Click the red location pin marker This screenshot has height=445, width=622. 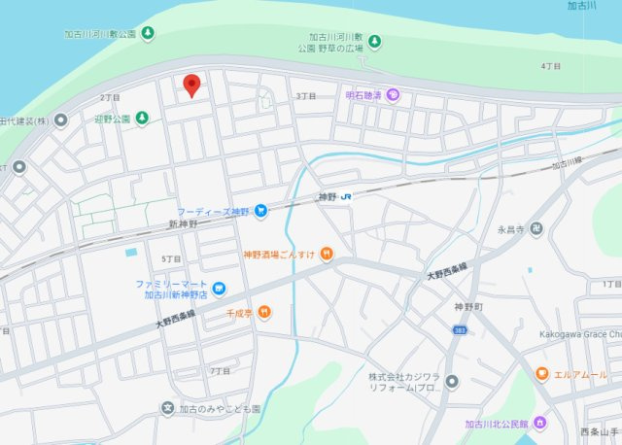[x=191, y=85]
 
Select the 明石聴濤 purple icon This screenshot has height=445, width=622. [x=393, y=95]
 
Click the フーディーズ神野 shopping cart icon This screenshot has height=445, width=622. [x=260, y=211]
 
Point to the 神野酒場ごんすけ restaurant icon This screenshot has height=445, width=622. [x=327, y=255]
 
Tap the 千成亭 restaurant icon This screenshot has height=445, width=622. [x=265, y=313]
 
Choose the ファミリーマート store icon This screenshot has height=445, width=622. [x=220, y=289]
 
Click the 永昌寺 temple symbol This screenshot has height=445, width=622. [x=536, y=230]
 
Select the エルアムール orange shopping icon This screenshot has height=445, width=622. [x=541, y=374]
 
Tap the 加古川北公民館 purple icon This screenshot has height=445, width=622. [x=541, y=423]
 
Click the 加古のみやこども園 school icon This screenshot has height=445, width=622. [x=168, y=408]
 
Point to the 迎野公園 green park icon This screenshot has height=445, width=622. [x=142, y=119]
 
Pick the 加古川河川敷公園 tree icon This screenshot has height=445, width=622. [x=148, y=34]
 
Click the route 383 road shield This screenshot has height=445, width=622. [x=458, y=331]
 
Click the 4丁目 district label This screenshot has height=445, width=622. [x=551, y=66]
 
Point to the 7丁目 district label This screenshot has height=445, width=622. [x=220, y=371]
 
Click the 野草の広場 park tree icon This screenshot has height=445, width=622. [x=375, y=42]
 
